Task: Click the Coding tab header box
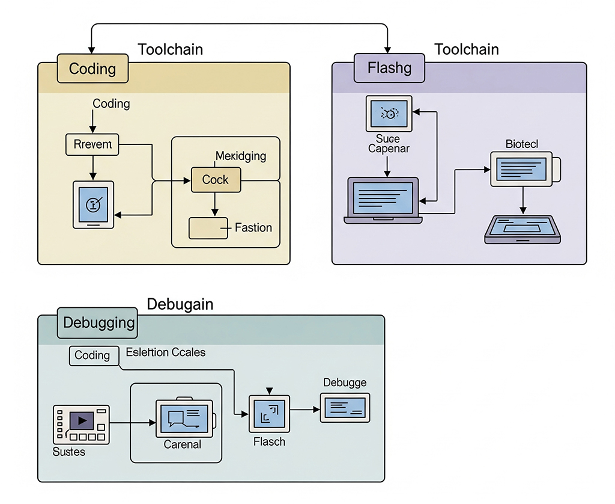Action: [x=93, y=69]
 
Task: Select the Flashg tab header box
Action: [x=389, y=68]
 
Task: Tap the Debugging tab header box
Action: [x=98, y=323]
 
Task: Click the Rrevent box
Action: [x=92, y=145]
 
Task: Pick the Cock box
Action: [x=216, y=180]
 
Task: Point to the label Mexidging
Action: [x=240, y=156]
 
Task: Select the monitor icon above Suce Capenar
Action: [x=389, y=113]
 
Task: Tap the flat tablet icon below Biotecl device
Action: [x=523, y=229]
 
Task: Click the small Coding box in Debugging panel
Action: [x=92, y=355]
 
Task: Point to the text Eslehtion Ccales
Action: [x=166, y=352]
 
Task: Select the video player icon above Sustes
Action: [x=81, y=423]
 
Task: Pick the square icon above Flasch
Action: [x=269, y=414]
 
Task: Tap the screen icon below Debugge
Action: [x=345, y=408]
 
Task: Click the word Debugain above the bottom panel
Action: [x=180, y=304]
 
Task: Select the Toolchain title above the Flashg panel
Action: [x=466, y=49]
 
